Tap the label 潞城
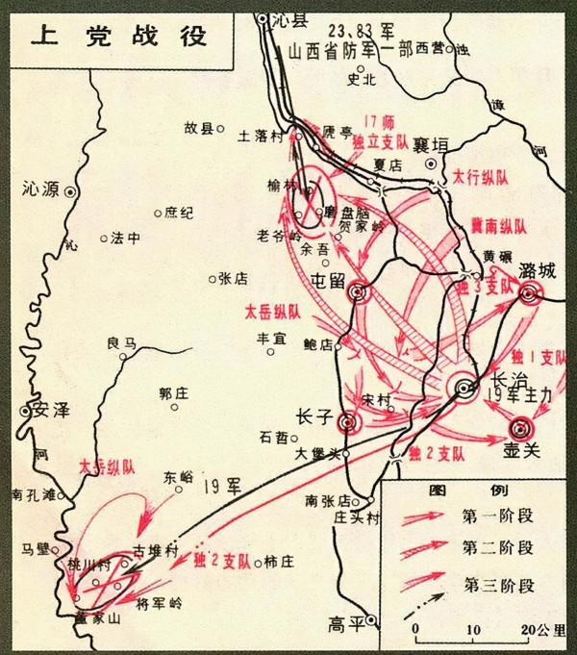tap(537, 270)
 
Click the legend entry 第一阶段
tap(497, 516)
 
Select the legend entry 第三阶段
tap(497, 583)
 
